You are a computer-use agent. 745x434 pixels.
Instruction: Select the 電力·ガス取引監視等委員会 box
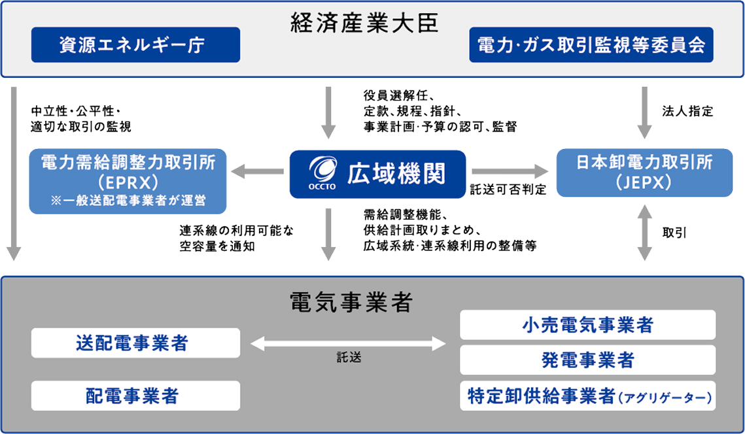coord(591,44)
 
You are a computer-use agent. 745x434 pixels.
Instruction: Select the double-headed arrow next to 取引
coord(644,232)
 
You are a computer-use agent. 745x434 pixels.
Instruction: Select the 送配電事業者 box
coord(135,343)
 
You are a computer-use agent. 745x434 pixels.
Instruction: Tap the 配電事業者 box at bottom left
coord(135,395)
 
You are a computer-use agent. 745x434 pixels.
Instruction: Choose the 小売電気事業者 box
coord(587,325)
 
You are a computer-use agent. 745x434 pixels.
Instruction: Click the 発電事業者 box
coord(587,360)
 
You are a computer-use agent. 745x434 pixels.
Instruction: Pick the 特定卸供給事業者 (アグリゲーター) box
coord(587,395)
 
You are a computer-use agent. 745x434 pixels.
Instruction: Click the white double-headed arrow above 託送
coord(349,342)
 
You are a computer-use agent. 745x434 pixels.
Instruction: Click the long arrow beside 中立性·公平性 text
coord(14,174)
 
